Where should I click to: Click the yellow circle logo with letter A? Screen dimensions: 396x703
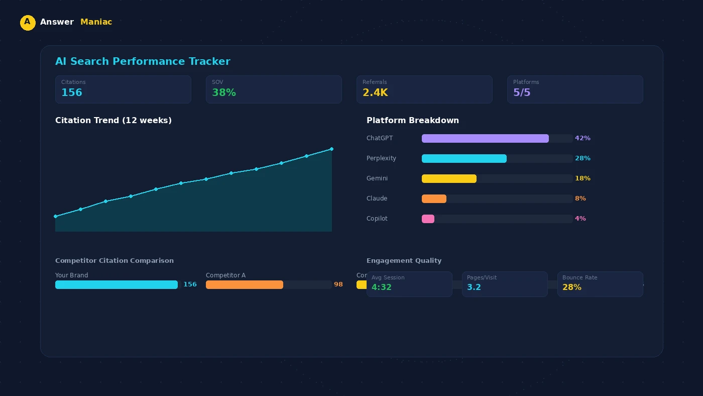click(28, 23)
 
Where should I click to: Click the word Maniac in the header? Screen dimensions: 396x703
click(96, 22)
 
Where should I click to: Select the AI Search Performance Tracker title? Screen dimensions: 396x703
click(143, 61)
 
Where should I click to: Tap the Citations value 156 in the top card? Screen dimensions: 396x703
click(72, 92)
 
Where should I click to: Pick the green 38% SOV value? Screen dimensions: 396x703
click(223, 92)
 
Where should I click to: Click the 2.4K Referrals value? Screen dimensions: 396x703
click(375, 92)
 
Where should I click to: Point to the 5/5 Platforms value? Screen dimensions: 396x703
click(522, 92)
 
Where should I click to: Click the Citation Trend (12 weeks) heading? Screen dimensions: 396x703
click(113, 121)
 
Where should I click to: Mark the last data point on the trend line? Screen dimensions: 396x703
click(331, 149)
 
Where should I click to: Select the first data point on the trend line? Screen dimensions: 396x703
click(55, 217)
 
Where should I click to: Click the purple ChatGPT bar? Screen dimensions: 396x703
click(485, 138)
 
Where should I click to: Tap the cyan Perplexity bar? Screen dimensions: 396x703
click(464, 158)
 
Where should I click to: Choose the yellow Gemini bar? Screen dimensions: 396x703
click(449, 178)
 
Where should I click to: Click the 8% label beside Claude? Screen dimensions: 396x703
click(580, 199)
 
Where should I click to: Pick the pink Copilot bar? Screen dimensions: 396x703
click(428, 219)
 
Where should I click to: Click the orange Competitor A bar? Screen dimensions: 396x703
click(245, 284)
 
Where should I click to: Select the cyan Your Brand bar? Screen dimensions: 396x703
click(116, 284)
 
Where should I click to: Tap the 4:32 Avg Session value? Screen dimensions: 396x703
click(382, 287)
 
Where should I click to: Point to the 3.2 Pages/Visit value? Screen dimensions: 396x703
click(474, 287)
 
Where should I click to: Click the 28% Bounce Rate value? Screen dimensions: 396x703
click(572, 287)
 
